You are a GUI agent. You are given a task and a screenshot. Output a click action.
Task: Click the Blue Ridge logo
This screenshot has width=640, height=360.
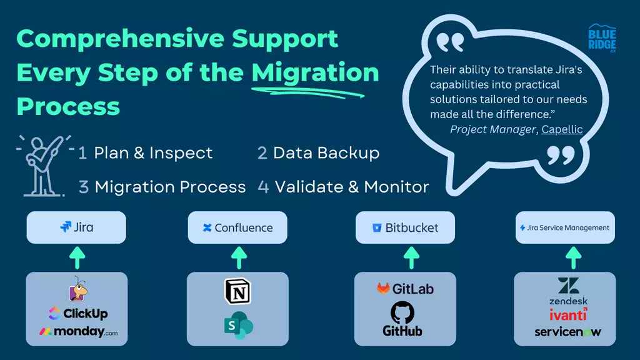602,38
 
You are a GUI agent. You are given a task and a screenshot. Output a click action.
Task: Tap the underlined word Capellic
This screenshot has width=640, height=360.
562,129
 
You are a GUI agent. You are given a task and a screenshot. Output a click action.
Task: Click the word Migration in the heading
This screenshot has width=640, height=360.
315,72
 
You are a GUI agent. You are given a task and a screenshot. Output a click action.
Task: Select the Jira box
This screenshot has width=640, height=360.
76,227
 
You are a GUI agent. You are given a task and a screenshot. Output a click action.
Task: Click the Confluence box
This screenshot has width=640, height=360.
237,227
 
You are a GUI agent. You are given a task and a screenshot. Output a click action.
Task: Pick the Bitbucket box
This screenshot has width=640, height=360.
405,227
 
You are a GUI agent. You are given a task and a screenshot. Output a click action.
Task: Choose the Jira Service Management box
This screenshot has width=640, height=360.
565,227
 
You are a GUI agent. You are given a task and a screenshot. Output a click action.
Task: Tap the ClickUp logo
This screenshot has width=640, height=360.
78,314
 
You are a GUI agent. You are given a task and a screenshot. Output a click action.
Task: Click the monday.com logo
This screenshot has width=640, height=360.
78,332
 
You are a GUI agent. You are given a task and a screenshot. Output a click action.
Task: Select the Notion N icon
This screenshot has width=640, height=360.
238,291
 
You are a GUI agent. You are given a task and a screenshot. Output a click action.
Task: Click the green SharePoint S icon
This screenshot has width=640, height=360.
239,325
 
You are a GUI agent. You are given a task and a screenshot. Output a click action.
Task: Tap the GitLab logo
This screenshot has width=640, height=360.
405,289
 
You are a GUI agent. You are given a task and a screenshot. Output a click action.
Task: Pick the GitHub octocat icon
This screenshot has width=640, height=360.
402,312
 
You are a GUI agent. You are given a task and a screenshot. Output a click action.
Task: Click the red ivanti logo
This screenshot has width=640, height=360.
568,315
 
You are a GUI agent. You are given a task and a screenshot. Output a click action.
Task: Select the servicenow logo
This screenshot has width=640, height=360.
567,332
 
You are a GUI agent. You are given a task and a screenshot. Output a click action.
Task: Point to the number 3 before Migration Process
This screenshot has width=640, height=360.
84,187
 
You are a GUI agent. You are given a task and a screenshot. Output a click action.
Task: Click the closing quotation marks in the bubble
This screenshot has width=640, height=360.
561,156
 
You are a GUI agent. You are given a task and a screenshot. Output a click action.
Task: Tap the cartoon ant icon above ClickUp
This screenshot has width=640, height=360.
77,289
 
